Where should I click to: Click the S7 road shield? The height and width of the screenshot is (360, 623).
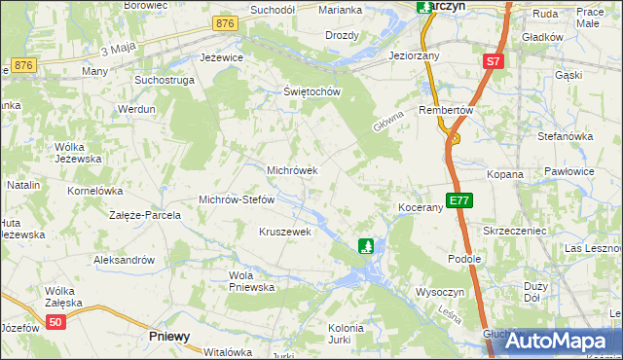494,61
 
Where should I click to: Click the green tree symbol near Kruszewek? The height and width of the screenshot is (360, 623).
366,246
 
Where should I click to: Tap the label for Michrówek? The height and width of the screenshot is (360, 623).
293,170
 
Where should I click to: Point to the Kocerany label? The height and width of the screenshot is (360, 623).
421,208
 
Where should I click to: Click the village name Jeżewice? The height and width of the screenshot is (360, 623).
219,58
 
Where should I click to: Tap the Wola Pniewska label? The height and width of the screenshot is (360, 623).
251,281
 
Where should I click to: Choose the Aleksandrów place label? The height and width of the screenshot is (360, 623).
124,260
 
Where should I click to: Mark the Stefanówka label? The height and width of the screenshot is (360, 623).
566,136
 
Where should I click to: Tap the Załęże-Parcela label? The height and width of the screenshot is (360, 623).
145,215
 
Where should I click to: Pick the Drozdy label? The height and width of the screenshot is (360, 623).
342,35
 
